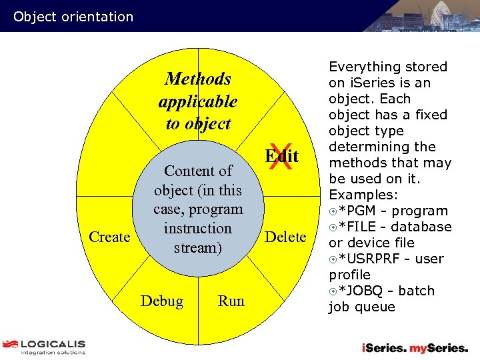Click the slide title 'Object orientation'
73,17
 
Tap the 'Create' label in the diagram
109,237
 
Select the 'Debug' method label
162,301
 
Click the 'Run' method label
231,301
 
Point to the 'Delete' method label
286,237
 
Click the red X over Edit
282,158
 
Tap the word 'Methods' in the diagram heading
198,79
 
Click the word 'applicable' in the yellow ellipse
198,102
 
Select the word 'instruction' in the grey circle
197,229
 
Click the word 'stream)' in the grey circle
197,247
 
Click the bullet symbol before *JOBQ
333,291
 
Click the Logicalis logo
44,347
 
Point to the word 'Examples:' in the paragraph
363,195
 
